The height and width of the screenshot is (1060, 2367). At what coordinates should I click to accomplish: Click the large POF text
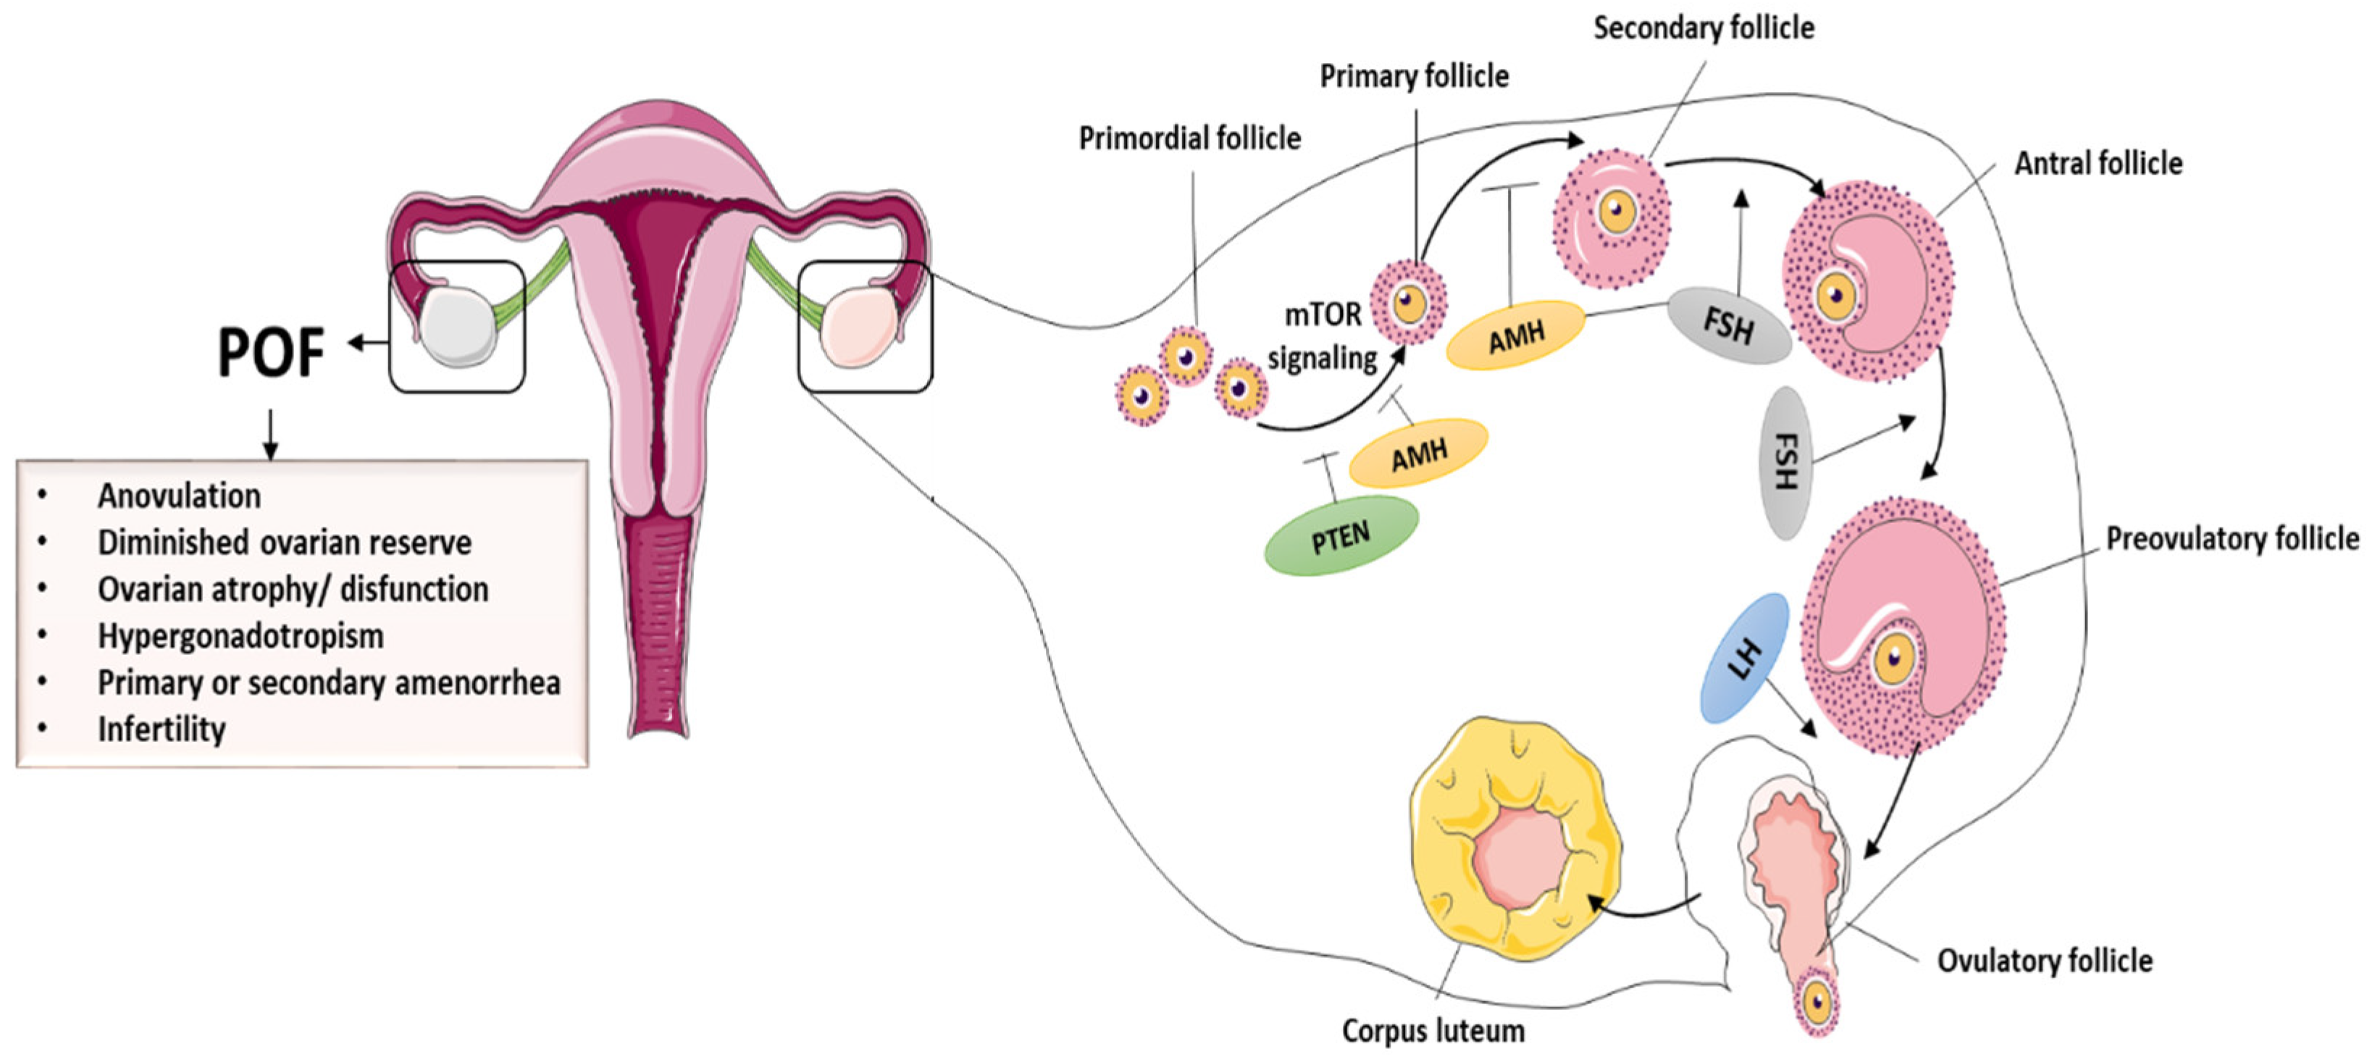point(271,352)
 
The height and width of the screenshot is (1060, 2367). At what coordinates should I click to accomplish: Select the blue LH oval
point(1745,659)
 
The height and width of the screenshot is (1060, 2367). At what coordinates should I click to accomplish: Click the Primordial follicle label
point(1189,139)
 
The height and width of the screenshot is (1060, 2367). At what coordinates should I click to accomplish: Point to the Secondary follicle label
point(1704,28)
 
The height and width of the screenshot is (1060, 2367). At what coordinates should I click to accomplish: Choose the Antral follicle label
point(2098,164)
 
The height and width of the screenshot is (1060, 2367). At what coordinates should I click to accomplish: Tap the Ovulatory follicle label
point(2045,961)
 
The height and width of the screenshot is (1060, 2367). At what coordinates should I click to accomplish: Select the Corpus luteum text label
point(1433,1030)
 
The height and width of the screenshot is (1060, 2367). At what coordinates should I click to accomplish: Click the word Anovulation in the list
point(179,496)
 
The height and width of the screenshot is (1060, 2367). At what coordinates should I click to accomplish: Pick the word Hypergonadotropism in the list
point(240,636)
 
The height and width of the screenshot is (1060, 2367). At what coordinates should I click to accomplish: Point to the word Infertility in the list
point(162,730)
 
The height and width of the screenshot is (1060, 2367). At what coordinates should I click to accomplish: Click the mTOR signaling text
point(1323,336)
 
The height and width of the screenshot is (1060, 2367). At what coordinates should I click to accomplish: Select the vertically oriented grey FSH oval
point(1783,462)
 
